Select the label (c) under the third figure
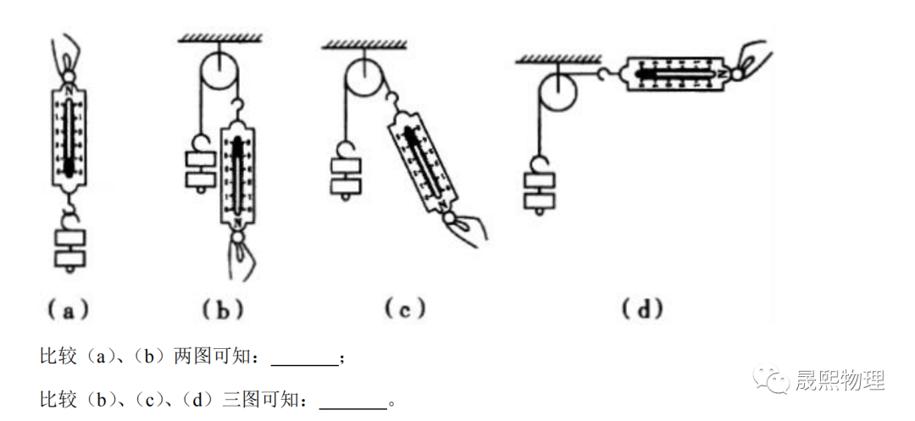(404, 310)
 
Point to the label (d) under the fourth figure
(641, 310)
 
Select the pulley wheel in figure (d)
(559, 91)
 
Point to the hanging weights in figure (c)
(347, 178)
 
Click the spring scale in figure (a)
(68, 136)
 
